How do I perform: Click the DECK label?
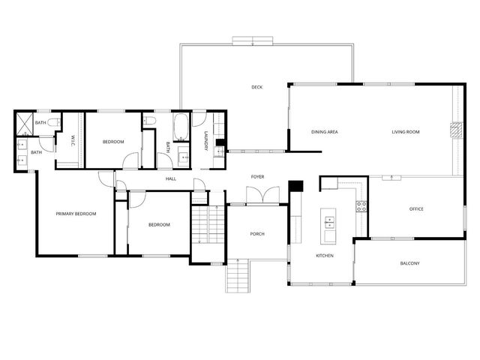256,88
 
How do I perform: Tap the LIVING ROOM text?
405,132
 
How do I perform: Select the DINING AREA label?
324,132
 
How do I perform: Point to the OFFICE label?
415,208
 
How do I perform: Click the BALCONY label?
409,263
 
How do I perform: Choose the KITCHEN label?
324,256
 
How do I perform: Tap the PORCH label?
256,234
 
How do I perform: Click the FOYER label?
257,177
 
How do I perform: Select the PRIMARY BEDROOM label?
76,214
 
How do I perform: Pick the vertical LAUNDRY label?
205,142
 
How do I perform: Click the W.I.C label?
72,140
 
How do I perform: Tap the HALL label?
170,179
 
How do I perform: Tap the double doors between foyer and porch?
257,195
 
